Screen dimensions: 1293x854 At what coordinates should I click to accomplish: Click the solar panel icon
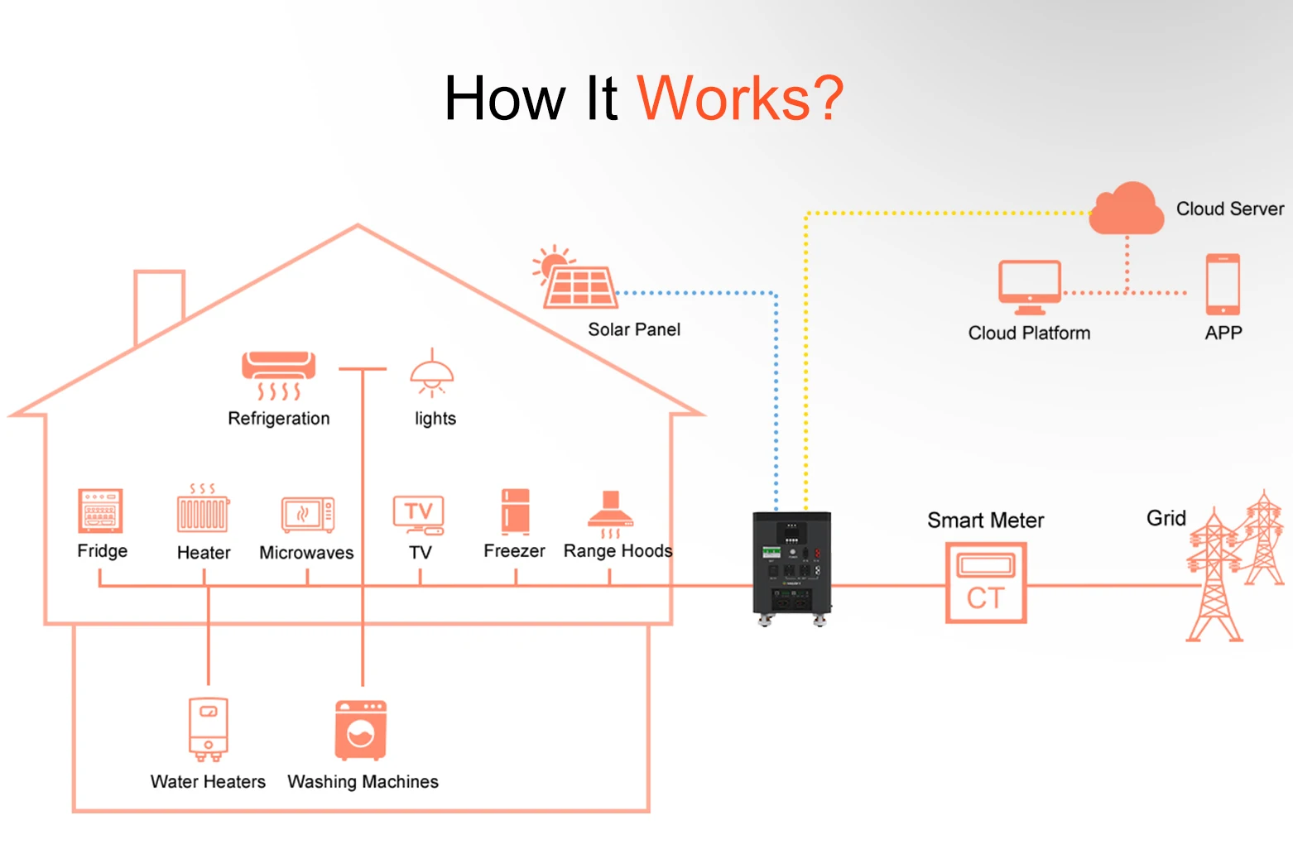575,277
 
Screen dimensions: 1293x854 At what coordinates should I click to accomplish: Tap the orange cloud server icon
1126,209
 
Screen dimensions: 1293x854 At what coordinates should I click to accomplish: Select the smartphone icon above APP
1223,285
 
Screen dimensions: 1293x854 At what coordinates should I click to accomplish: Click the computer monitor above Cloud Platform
1030,287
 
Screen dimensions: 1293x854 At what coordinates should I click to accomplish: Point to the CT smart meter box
986,583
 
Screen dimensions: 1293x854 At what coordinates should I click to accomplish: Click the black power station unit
792,569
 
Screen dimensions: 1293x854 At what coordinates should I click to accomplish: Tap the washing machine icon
361,731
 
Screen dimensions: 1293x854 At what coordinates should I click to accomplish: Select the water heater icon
209,729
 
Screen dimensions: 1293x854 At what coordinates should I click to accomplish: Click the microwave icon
308,515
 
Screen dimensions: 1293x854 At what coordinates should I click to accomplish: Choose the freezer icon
516,512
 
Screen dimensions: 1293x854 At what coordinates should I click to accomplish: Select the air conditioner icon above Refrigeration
279,375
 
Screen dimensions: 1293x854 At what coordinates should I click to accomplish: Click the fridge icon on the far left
100,511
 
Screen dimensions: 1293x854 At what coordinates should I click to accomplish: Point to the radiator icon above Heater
203,508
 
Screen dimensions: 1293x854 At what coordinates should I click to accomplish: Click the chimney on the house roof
159,304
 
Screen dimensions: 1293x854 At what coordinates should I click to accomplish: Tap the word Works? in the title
740,98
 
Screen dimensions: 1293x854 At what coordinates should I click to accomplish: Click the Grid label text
1166,518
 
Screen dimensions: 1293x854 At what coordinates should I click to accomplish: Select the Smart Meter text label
986,521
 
